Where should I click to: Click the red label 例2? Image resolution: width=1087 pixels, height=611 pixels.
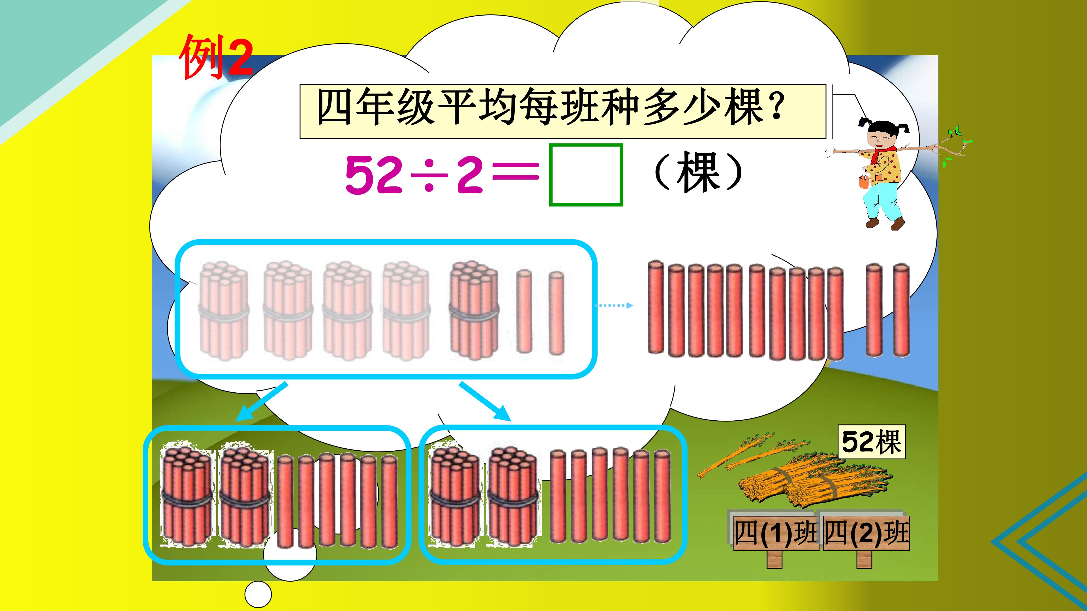click(216, 57)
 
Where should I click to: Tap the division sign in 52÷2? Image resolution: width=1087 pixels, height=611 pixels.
click(429, 174)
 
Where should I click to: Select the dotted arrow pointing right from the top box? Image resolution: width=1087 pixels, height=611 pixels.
click(614, 305)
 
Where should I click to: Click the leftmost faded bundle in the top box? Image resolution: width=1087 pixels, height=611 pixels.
click(224, 311)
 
